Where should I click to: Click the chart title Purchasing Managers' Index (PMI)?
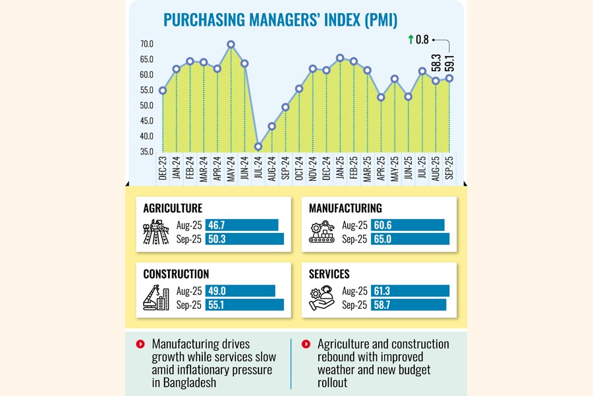[x=281, y=20]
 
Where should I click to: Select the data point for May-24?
[x=231, y=45]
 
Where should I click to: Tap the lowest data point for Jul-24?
[x=258, y=147]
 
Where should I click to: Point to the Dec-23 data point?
[x=162, y=90]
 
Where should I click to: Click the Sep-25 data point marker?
[x=449, y=78]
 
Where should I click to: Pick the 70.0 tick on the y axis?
[x=146, y=44]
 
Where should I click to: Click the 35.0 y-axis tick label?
[x=146, y=152]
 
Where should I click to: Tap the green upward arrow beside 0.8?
[x=410, y=40]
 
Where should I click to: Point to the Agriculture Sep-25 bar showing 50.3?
[x=244, y=239]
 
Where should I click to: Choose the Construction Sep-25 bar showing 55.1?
[x=244, y=305]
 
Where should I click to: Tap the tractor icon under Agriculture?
[x=156, y=232]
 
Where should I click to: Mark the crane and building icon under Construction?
[x=156, y=298]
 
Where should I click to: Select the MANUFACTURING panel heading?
[x=345, y=208]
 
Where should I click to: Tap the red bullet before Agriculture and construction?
[x=305, y=345]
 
